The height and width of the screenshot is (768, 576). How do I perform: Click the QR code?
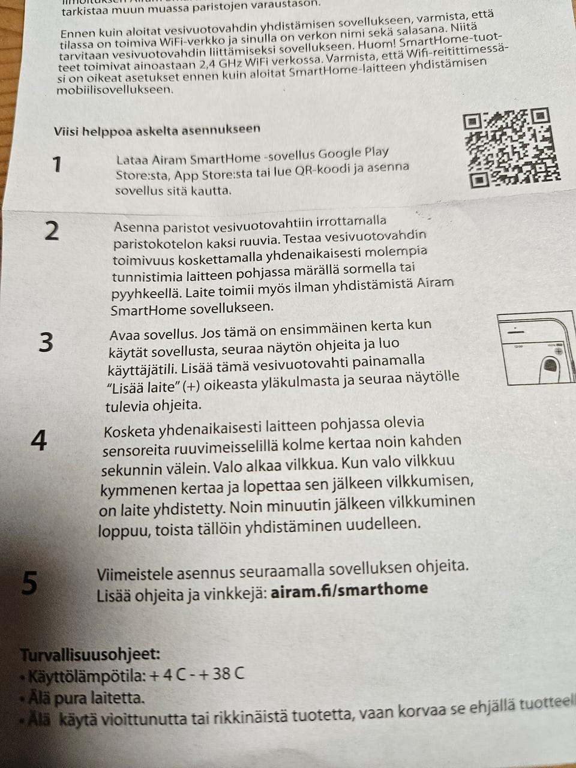point(511,148)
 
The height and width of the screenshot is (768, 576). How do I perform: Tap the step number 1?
point(57,164)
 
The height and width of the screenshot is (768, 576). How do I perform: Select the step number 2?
point(52,230)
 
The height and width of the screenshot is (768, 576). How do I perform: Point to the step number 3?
point(46,342)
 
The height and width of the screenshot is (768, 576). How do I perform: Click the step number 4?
point(38,441)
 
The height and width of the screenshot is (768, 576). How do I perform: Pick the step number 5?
point(29,583)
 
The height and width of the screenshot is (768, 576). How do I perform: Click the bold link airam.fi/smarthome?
point(349,589)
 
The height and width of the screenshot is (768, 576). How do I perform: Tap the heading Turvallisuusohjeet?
point(90,654)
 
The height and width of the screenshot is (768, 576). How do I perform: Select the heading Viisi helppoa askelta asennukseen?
point(157,129)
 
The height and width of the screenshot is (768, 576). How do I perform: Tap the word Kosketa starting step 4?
point(130,431)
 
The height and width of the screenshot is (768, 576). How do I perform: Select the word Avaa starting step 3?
point(126,334)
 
